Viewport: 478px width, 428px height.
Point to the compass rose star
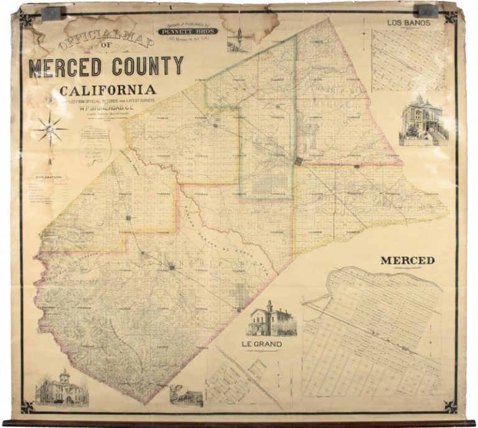50,129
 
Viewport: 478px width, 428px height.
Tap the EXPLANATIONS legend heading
46,176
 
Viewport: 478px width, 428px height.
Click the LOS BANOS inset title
408,23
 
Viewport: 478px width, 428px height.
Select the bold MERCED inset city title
408,260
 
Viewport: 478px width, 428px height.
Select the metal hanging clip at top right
427,10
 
